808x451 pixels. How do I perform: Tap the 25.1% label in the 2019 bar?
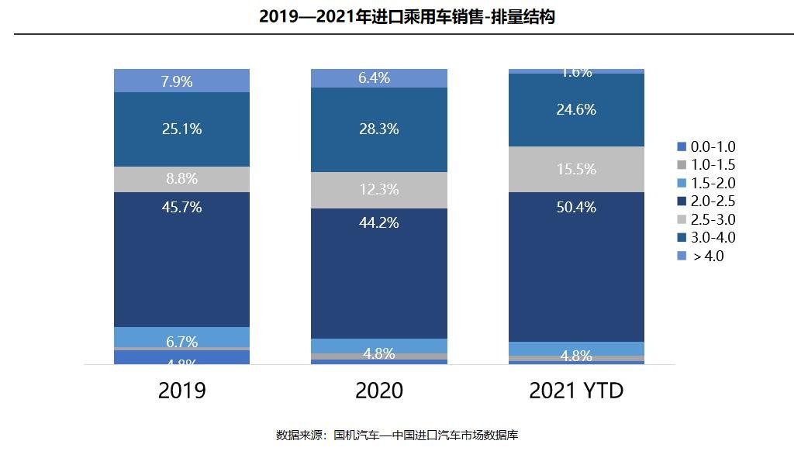(181, 129)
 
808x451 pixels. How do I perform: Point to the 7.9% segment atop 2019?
(181, 81)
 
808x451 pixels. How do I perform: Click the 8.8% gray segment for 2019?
(181, 179)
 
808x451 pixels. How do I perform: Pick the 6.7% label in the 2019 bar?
(181, 342)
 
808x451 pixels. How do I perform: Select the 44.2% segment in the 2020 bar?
(378, 271)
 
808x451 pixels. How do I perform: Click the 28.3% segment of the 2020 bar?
(378, 129)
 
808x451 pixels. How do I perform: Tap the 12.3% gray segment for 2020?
(378, 190)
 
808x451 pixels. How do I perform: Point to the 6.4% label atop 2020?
(378, 77)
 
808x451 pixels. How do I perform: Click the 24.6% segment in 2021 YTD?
(576, 110)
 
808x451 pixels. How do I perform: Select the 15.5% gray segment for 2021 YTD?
(576, 169)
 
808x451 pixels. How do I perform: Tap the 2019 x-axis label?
(181, 390)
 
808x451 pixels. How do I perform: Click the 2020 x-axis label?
(378, 390)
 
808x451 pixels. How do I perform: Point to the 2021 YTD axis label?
(576, 390)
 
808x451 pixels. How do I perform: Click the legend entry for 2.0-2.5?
(706, 201)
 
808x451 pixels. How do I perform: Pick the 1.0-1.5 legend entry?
(706, 165)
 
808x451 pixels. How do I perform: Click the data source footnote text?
(397, 435)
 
